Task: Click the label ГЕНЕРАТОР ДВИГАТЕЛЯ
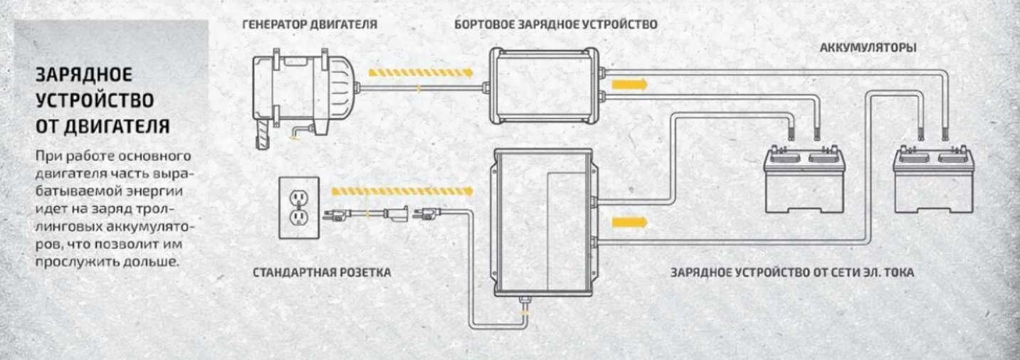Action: pos(310,25)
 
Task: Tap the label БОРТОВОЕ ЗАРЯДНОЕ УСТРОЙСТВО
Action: pos(555,25)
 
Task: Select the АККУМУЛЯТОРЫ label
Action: pos(868,48)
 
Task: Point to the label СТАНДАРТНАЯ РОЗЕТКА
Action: pos(322,272)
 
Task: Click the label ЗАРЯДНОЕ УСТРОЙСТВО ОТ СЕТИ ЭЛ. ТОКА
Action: pos(792,272)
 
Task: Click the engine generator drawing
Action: pos(303,92)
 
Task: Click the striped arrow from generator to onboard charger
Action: pos(421,72)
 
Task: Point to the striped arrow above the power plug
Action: pos(402,190)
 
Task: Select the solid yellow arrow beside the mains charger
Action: pos(631,222)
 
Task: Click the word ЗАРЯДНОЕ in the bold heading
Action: pos(84,75)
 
